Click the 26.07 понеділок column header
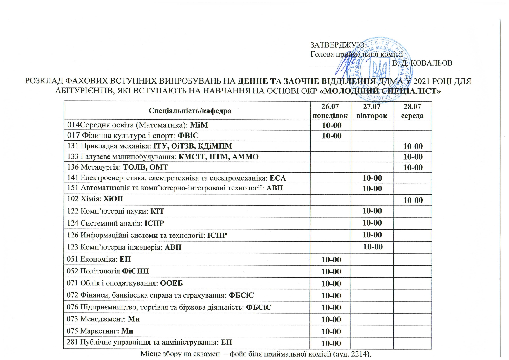330,111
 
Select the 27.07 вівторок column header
372,111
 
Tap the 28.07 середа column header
412,111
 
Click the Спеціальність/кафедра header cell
190,111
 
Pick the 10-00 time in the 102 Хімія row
413,200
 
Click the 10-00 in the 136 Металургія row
413,168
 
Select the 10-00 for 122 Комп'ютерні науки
372,211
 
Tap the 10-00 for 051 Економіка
331,260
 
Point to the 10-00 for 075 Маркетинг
331,331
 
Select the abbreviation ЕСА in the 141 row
278,178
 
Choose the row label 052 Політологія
93,271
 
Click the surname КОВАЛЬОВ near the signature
432,63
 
